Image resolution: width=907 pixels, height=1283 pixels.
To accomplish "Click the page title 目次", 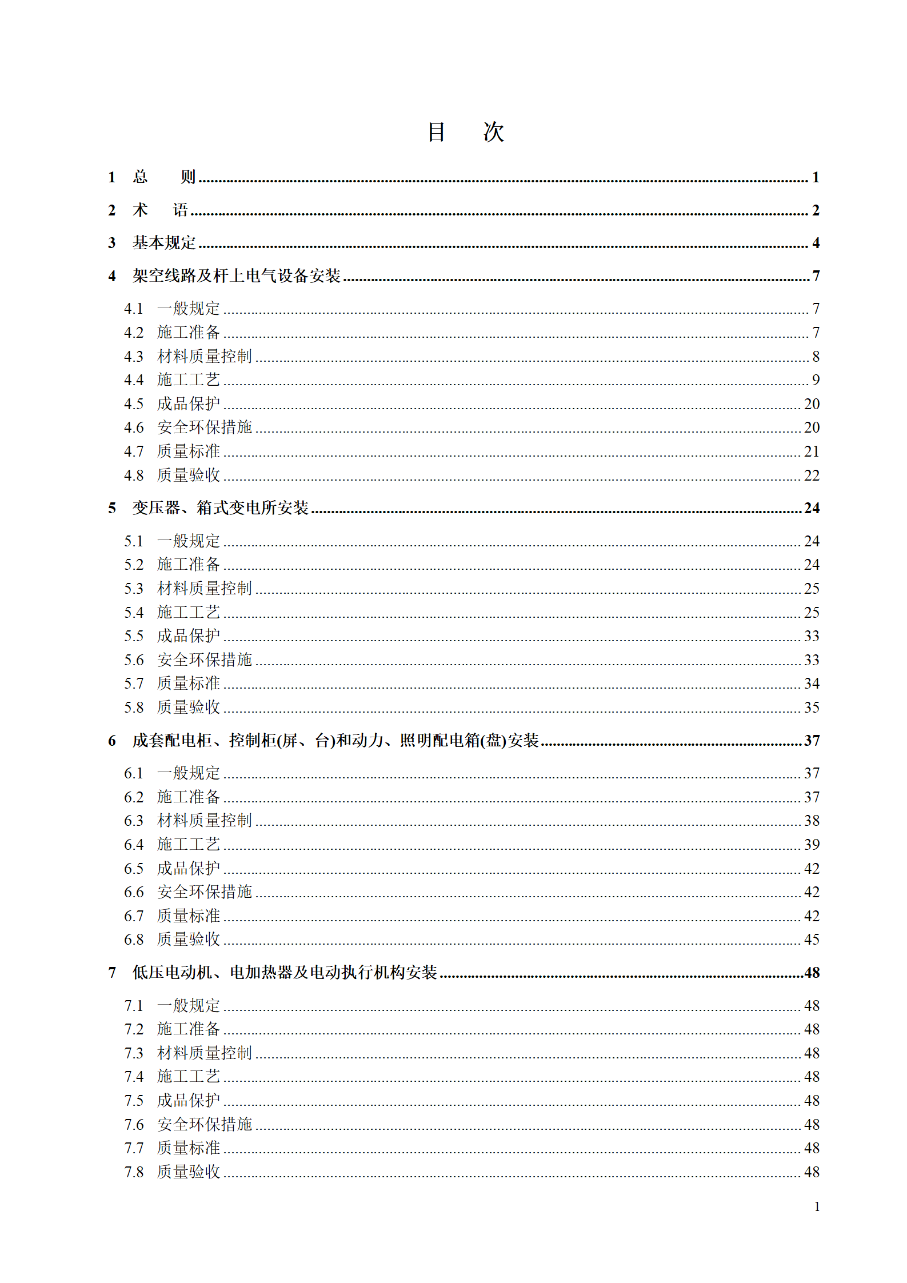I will (465, 132).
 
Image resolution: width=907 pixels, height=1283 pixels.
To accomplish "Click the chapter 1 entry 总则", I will (164, 177).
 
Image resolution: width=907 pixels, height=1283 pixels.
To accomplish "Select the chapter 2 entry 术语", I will (160, 210).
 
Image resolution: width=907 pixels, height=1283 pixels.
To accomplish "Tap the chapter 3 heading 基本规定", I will (164, 243).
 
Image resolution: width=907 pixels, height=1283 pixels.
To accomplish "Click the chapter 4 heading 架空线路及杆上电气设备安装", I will (236, 276).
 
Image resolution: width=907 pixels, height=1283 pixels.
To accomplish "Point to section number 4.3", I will (134, 357).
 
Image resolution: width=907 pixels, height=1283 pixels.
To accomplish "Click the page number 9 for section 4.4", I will (816, 380).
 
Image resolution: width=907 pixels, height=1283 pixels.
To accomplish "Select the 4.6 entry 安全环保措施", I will (204, 427).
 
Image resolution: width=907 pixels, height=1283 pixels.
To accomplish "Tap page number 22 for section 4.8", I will (812, 475).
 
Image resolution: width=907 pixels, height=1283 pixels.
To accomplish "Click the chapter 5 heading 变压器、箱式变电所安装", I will (220, 508).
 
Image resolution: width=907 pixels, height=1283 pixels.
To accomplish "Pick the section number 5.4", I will (134, 613).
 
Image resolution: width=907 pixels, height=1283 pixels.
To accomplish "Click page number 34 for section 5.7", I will (812, 684).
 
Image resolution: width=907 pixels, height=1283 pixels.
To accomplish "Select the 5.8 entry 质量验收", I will (188, 708).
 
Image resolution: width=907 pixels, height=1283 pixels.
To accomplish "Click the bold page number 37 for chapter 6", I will (812, 741).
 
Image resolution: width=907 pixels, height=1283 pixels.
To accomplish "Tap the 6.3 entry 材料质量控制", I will (204, 821).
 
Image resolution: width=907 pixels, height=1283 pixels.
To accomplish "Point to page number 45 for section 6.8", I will (812, 940).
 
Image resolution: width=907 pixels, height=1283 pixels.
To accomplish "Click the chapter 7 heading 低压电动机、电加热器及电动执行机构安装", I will (285, 973).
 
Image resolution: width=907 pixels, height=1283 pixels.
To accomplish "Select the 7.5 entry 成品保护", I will (188, 1101).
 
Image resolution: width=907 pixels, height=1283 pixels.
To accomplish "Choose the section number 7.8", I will (134, 1172).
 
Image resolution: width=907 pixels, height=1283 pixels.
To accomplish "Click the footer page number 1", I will (817, 1206).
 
